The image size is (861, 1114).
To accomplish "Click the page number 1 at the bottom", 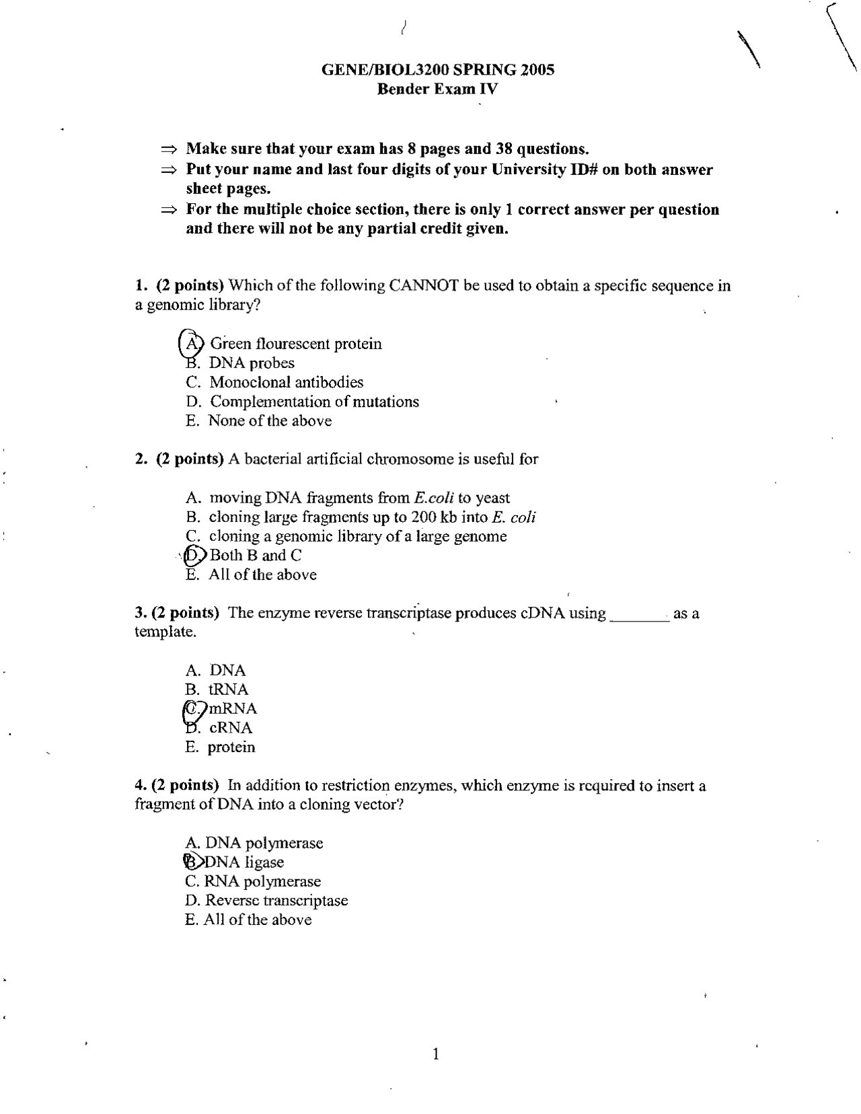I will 436,1053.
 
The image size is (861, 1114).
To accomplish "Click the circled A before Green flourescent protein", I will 192,343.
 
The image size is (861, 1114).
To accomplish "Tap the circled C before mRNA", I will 193,708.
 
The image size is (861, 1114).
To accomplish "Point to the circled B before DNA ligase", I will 192,862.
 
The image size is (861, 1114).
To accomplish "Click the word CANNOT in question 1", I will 424,285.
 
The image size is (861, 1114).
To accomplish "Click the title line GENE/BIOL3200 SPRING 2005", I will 437,69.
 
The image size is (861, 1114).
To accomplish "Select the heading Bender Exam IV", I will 437,89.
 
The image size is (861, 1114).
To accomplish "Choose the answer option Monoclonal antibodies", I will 286,382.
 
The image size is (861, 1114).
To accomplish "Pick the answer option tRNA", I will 228,690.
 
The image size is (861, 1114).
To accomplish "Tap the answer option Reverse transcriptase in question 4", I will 276,900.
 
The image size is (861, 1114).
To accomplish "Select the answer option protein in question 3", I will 231,747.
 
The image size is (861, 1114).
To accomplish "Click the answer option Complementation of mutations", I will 314,402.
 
